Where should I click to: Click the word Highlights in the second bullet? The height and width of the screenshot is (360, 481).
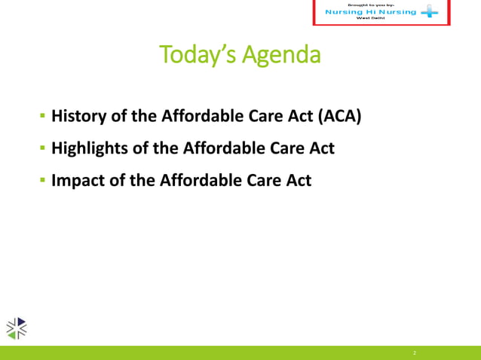tap(89, 148)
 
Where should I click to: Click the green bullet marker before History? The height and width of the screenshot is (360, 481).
tap(43, 117)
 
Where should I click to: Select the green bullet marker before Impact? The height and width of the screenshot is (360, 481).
tap(43, 182)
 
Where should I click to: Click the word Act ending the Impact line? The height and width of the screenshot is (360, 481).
tap(298, 181)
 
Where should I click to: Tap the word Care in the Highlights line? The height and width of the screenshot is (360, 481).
tap(286, 148)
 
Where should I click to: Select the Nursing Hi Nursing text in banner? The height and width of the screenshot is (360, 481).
tap(370, 12)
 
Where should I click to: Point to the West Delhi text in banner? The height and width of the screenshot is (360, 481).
tap(370, 19)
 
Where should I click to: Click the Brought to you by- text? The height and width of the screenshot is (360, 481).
tap(370, 5)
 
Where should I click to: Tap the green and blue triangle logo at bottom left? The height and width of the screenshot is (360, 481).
tap(17, 327)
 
